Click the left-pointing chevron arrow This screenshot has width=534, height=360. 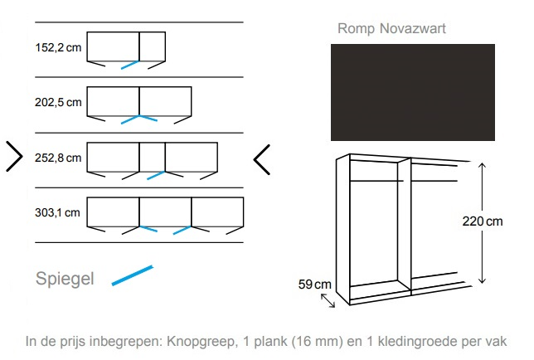coord(261,159)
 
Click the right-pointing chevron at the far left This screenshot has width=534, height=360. coord(14,156)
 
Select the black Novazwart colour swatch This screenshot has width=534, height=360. coord(412,92)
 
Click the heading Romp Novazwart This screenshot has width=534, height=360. coord(391,29)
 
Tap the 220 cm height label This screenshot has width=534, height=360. coord(483,221)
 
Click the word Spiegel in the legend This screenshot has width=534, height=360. coord(65,279)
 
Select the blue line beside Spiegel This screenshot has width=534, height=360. coord(132,276)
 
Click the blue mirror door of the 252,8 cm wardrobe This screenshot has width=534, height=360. coord(156,175)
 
